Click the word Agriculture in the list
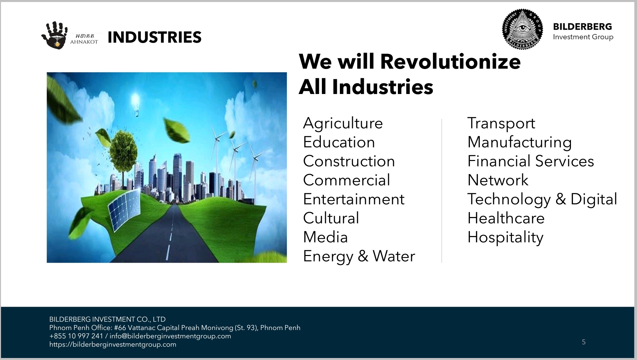click(343, 124)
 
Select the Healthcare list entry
click(506, 218)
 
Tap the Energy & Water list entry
click(359, 256)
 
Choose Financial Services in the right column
click(531, 161)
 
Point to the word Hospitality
click(506, 238)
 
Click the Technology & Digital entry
click(542, 199)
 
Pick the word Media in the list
click(326, 237)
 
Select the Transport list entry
click(501, 124)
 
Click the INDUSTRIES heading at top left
click(154, 37)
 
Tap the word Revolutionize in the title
click(450, 62)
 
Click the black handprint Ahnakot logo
click(54, 35)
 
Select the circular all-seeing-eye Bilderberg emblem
click(522, 29)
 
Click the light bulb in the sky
click(135, 104)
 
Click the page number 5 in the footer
click(584, 342)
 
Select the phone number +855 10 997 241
click(76, 336)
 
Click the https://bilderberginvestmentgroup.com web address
click(113, 344)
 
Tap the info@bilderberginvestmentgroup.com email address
click(170, 336)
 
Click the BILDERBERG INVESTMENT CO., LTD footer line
click(107, 319)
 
